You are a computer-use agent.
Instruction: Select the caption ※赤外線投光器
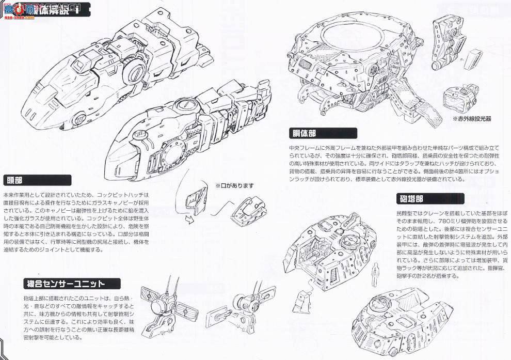[471, 118]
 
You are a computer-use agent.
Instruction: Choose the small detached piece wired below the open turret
[304, 300]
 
